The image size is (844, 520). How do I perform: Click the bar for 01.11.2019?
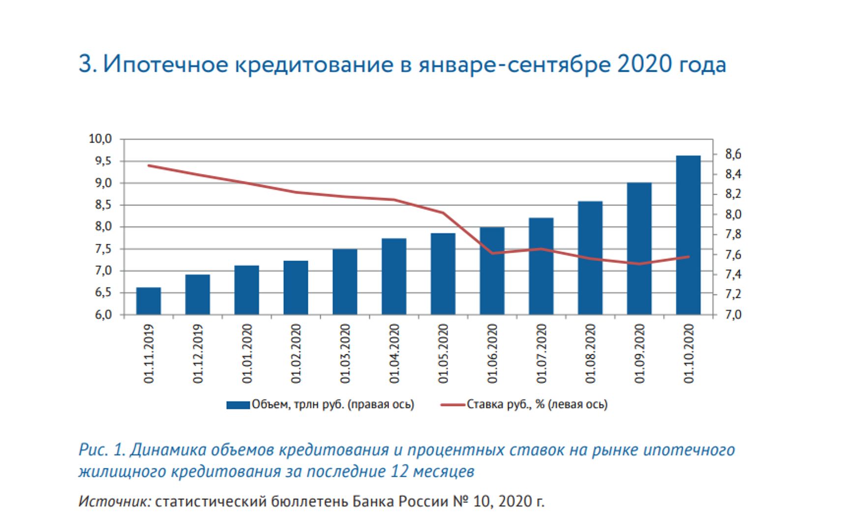tap(149, 301)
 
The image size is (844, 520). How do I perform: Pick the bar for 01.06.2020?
tap(492, 271)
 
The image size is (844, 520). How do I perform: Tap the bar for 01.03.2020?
tap(345, 282)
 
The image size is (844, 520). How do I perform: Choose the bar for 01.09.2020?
tap(639, 249)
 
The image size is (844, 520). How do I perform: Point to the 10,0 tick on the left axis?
tap(100, 139)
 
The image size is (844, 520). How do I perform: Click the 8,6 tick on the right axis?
tap(733, 155)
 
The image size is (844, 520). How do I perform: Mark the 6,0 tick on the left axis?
tap(103, 315)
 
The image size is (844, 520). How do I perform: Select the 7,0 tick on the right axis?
tap(733, 315)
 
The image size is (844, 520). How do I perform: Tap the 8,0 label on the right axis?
tap(733, 215)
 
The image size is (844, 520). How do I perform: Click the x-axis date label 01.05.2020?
tap(443, 353)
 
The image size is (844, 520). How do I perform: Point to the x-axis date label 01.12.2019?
tap(198, 353)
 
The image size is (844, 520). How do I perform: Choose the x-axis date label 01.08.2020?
tap(590, 353)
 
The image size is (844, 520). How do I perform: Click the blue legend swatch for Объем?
tap(238, 405)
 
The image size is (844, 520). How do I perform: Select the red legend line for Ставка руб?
tap(452, 405)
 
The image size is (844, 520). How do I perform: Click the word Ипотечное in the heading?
tap(166, 64)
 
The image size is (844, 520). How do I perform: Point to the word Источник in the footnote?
tap(115, 501)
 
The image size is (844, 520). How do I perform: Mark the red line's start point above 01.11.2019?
tap(149, 166)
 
